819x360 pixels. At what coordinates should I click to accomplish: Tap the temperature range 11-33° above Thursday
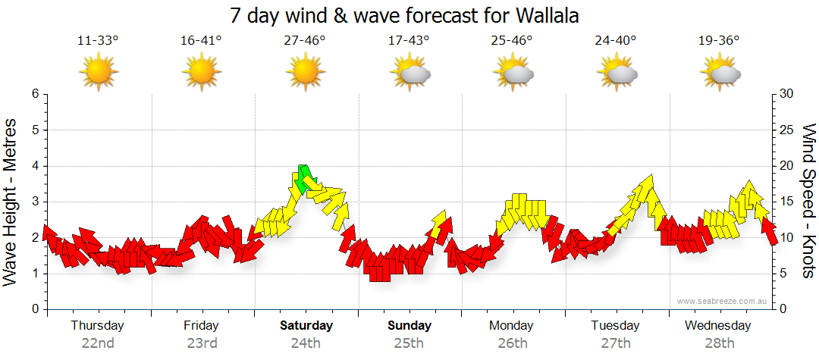(x=99, y=41)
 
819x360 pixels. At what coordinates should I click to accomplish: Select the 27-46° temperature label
(x=305, y=41)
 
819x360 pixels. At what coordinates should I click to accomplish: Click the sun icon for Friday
(x=202, y=72)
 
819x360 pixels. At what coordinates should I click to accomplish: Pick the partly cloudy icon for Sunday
(x=410, y=73)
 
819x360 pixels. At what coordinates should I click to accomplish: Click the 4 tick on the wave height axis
(x=35, y=166)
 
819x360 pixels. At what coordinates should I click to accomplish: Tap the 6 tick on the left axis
(x=35, y=94)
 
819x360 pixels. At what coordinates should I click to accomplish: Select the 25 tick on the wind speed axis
(x=787, y=130)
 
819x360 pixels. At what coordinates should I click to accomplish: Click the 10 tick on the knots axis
(x=787, y=238)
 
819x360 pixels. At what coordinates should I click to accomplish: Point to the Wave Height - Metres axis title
(x=11, y=201)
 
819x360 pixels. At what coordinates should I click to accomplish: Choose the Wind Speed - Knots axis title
(x=808, y=201)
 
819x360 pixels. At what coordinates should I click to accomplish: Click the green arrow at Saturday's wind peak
(x=305, y=177)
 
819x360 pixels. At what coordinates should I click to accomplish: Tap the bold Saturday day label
(x=306, y=326)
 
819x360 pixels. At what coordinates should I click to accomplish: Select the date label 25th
(x=409, y=343)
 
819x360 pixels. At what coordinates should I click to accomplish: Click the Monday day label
(x=513, y=326)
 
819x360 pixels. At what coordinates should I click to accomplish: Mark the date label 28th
(x=720, y=343)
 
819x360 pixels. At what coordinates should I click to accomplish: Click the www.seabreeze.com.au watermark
(x=723, y=301)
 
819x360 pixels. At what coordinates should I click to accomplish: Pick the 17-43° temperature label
(x=409, y=41)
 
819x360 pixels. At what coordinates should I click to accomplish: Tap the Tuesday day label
(x=616, y=326)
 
